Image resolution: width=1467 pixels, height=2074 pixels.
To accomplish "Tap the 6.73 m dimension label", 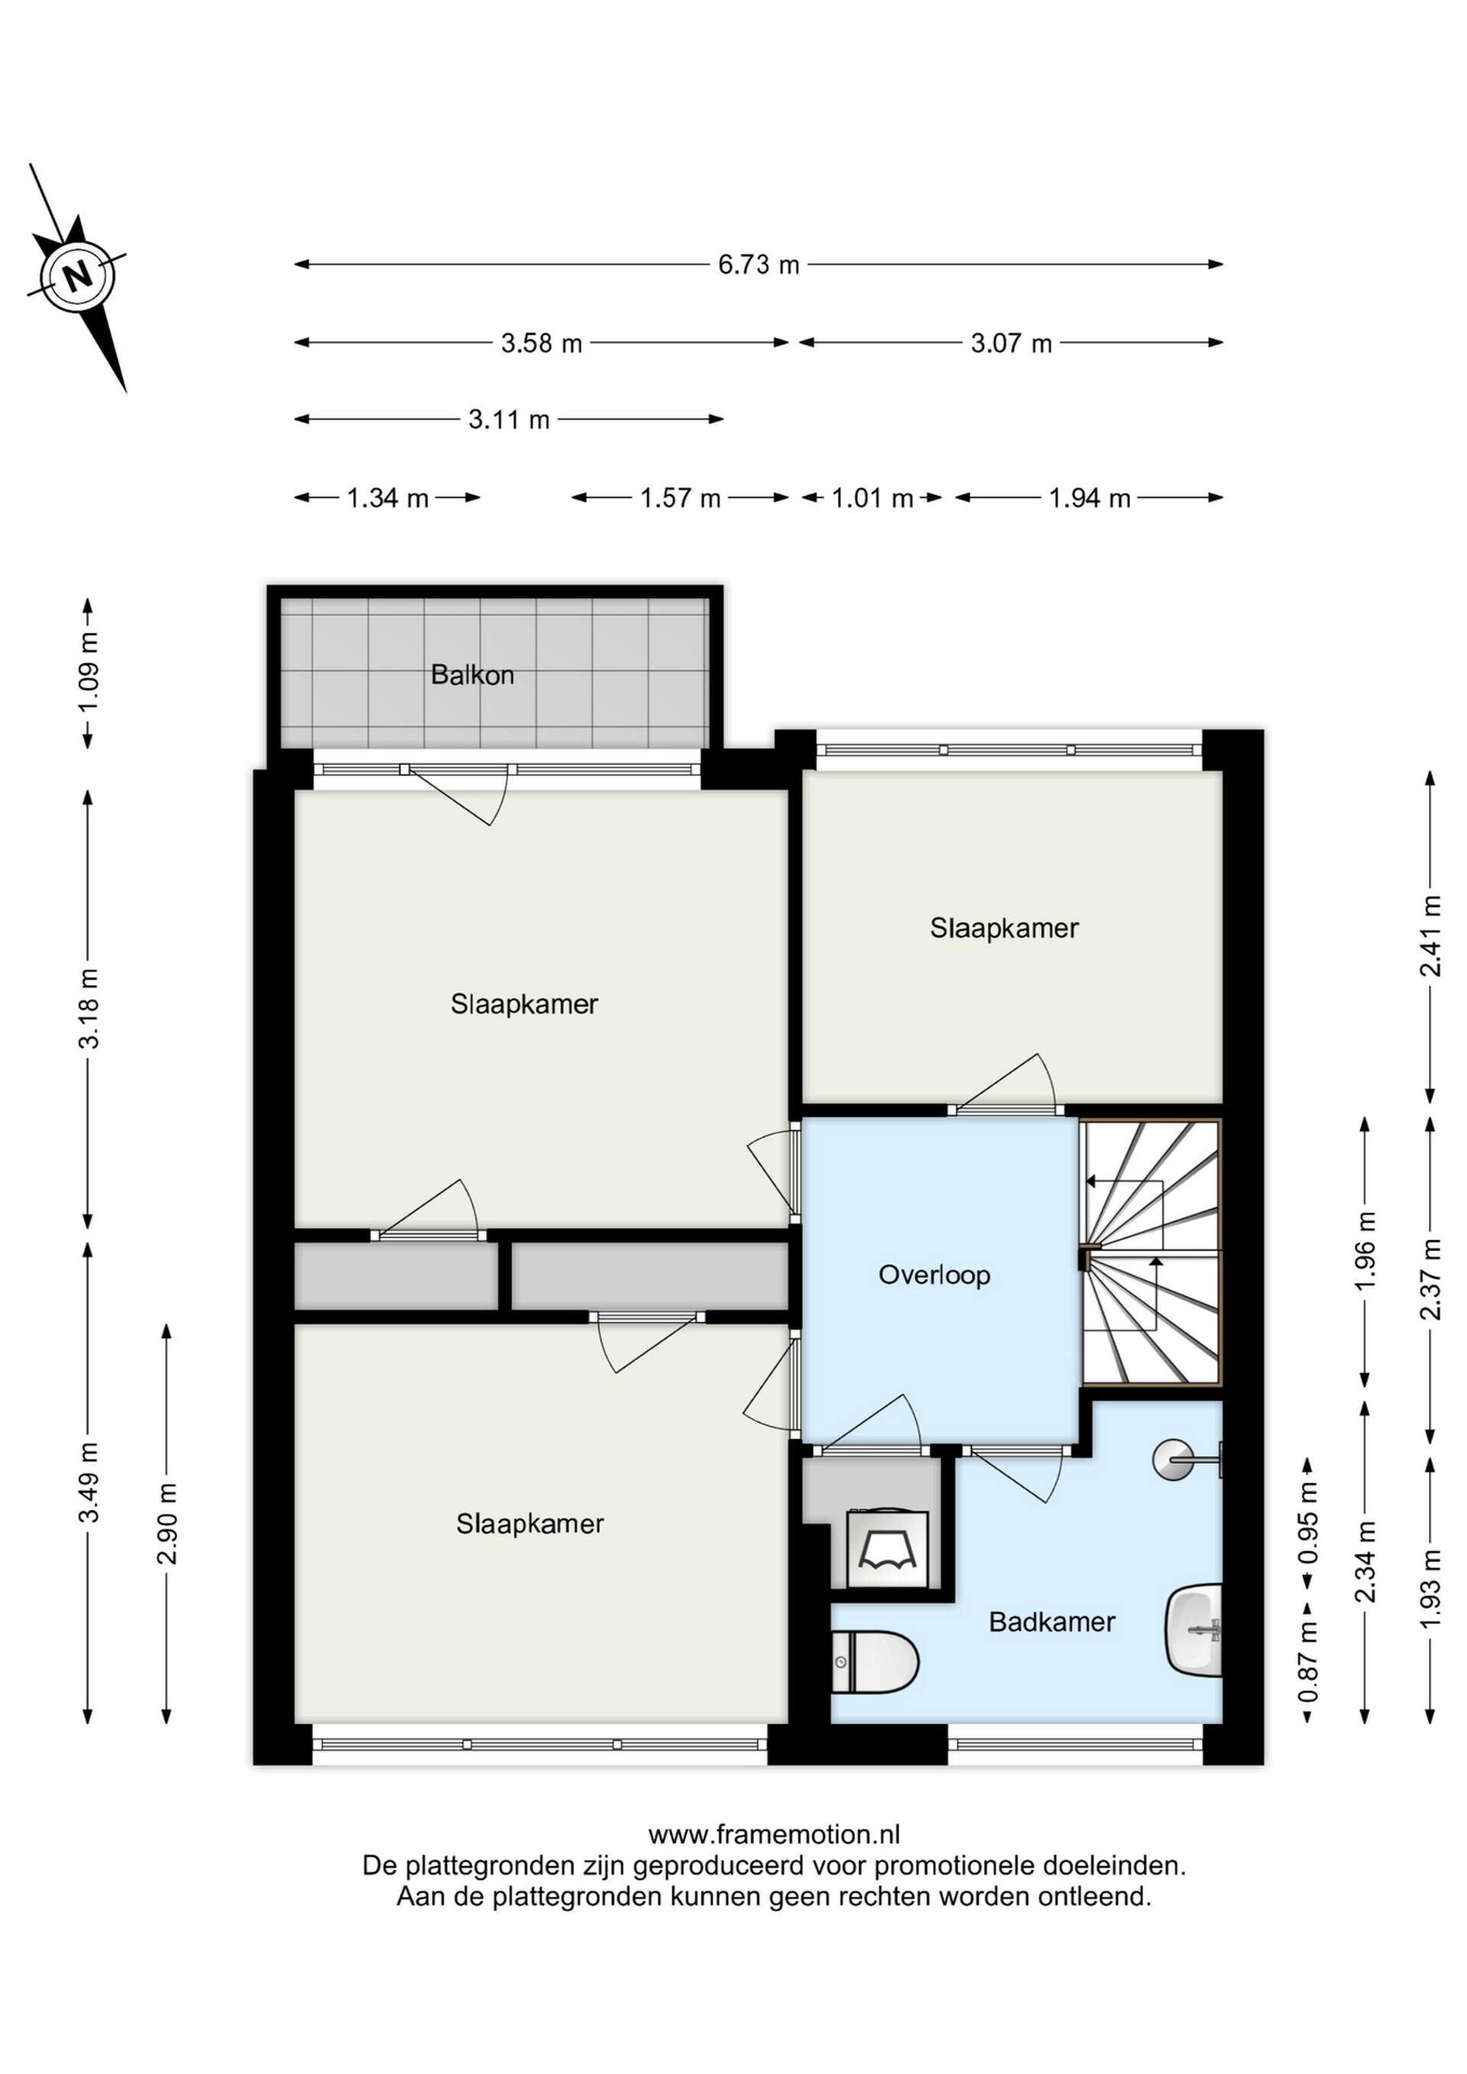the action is pyautogui.click(x=759, y=264).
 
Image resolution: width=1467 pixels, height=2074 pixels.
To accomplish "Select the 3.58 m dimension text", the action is pyautogui.click(x=542, y=343).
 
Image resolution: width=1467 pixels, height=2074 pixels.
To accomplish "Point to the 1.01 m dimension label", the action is pyautogui.click(x=872, y=497).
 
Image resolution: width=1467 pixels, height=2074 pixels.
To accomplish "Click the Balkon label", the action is pyautogui.click(x=472, y=675).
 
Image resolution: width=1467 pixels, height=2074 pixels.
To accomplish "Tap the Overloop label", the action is pyautogui.click(x=934, y=1275).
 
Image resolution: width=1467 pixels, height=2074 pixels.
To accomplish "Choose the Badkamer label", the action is pyautogui.click(x=1051, y=1622).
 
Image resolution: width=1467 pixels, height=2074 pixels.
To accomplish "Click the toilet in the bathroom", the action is pyautogui.click(x=873, y=1662).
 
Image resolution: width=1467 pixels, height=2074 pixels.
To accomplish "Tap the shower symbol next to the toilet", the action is pyautogui.click(x=888, y=1548).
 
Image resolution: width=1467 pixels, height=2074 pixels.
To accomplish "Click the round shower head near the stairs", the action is pyautogui.click(x=1174, y=1459).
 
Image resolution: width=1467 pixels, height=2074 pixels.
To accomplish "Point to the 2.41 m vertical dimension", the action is pyautogui.click(x=1430, y=936).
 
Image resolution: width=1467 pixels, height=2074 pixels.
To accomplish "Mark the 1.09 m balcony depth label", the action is pyautogui.click(x=88, y=672).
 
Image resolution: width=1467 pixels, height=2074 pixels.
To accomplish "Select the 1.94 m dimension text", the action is pyautogui.click(x=1090, y=497).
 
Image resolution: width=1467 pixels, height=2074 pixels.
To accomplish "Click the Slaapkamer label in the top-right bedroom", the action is pyautogui.click(x=1005, y=928).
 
